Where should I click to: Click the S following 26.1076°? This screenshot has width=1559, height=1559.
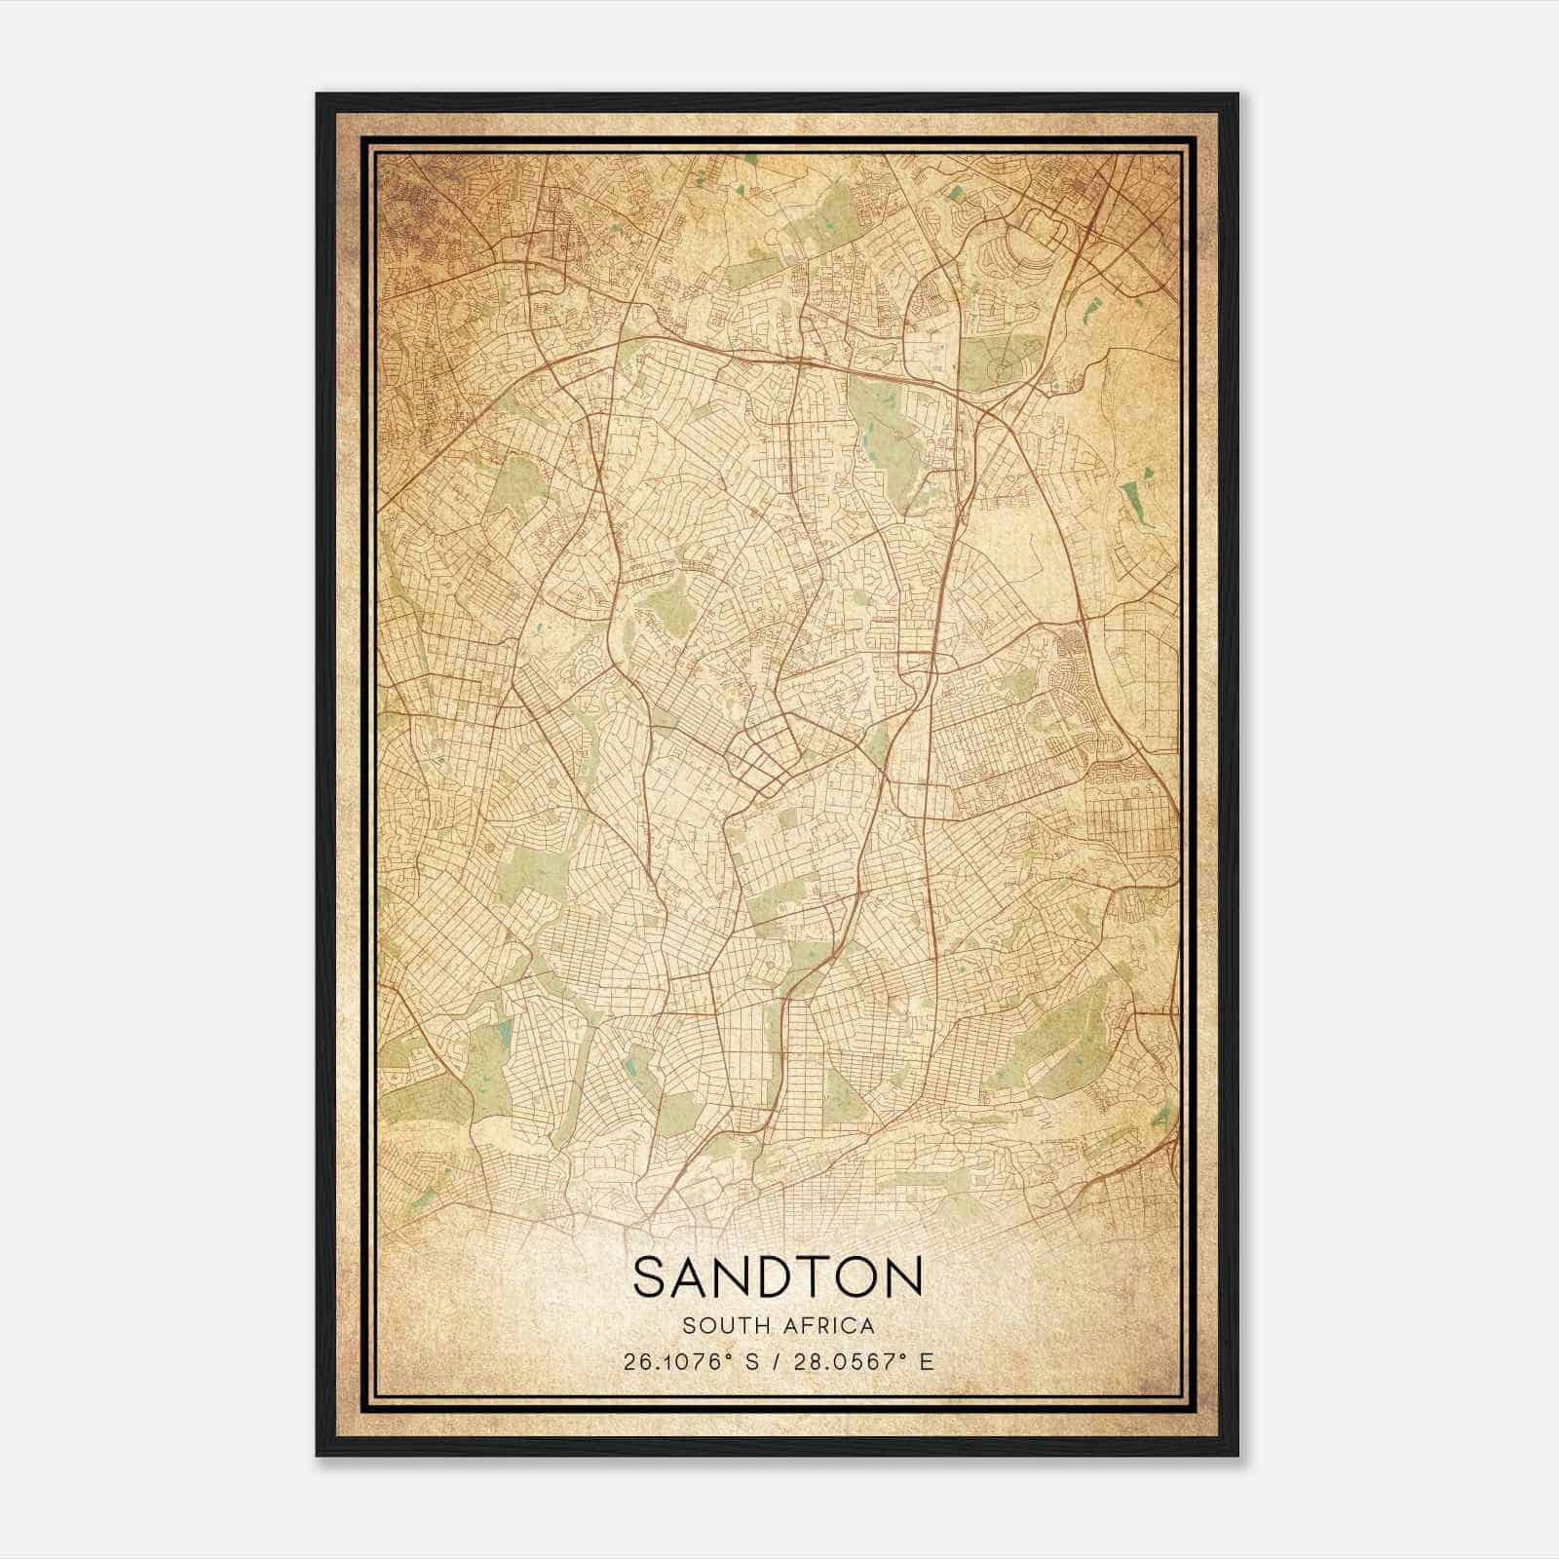pos(752,1361)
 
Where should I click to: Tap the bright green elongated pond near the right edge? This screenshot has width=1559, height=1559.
pos(1134,502)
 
